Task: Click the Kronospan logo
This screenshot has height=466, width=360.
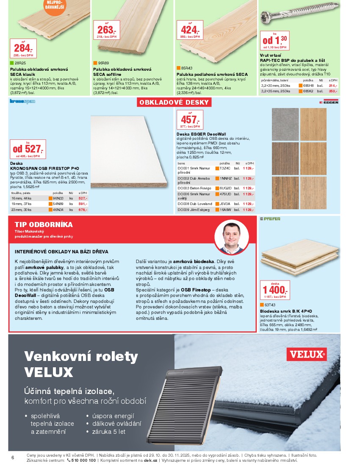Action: click(22, 101)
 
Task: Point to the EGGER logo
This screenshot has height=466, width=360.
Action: click(329, 102)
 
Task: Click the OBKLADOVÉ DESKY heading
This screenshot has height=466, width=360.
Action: click(174, 103)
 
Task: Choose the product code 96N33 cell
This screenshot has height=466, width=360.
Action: click(58, 198)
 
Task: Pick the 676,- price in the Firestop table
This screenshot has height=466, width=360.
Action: click(83, 210)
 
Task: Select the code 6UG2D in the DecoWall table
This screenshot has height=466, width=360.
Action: click(225, 188)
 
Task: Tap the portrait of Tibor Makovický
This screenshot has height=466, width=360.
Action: click(231, 237)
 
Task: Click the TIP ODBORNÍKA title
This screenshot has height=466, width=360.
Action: click(44, 225)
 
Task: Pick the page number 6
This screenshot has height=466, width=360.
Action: click(13, 458)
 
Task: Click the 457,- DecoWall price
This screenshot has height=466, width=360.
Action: click(189, 119)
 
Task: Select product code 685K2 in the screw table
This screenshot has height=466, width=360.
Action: click(308, 91)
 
